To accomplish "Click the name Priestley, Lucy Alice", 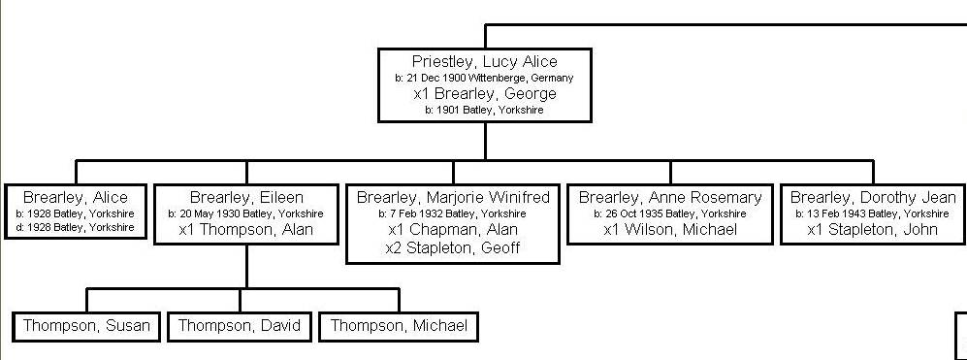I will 484,62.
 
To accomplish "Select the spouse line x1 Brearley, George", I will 484,94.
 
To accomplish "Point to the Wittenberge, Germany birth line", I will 484,78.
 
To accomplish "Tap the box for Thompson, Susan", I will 86,326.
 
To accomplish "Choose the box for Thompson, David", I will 240,326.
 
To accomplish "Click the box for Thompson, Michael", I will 399,326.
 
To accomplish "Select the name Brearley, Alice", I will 76,197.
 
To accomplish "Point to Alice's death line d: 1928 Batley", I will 76,227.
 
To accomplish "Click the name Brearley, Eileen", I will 246,197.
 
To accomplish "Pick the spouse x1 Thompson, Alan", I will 246,230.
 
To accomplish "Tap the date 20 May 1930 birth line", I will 246,213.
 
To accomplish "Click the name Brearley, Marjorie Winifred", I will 453,197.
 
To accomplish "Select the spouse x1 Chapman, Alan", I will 453,230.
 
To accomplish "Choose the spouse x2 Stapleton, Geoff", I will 453,247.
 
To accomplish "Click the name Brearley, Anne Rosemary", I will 670,197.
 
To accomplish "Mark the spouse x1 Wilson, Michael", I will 670,230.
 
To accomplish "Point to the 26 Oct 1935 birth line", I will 670,213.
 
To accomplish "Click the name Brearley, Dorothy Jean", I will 873,197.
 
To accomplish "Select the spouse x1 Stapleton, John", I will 873,230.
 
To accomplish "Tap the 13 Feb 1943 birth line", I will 873,213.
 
